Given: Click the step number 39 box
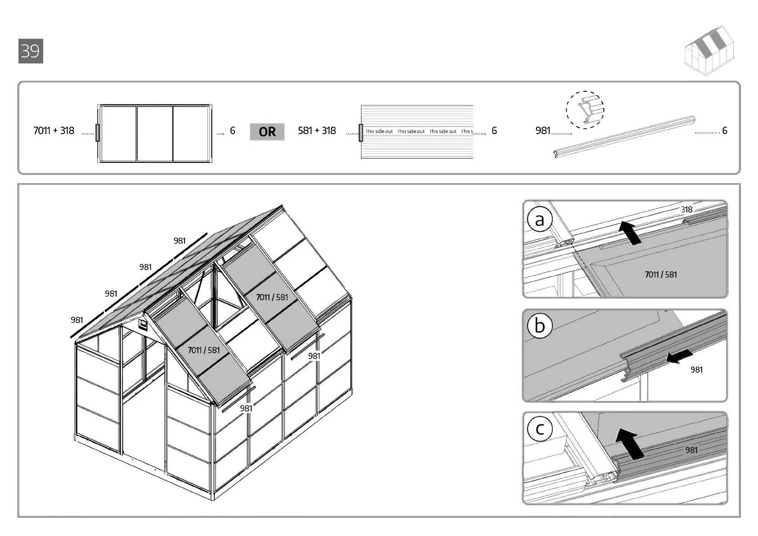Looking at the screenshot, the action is [31, 51].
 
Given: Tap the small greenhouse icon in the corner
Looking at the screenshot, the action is [709, 50].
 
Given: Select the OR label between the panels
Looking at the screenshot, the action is [267, 131].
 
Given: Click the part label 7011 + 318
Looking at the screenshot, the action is [54, 131].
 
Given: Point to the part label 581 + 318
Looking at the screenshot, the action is [317, 131].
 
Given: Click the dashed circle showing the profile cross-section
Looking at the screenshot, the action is [585, 110].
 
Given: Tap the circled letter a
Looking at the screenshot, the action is [539, 220].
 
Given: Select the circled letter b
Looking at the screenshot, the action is [539, 325].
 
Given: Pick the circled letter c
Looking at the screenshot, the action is [539, 429].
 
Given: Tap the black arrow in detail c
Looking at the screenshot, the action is [628, 444].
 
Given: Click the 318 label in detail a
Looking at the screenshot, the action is [686, 209].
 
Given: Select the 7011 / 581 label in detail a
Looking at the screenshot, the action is [660, 275].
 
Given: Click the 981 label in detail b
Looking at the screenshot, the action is [696, 369].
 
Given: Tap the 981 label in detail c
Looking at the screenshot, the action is [691, 450].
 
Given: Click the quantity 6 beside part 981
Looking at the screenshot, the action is [725, 131].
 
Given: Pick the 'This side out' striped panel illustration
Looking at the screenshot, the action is [417, 132].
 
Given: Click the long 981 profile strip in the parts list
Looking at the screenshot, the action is [624, 136].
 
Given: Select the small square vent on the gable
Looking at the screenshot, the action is [143, 325].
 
